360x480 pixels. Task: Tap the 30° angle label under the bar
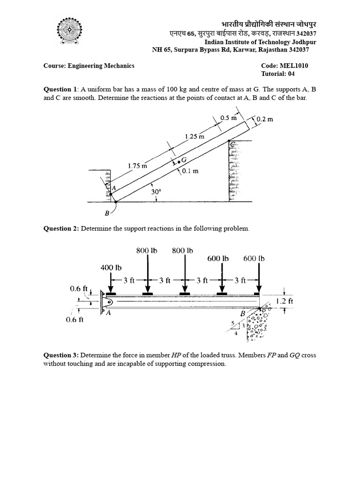coord(157,192)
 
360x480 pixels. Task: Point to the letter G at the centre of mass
coord(184,160)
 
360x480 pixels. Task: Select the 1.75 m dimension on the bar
coord(137,165)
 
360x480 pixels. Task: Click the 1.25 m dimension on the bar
coord(195,136)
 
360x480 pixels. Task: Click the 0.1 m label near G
coord(190,171)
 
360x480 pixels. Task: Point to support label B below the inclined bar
coord(106,214)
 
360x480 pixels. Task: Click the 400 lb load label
coord(111,268)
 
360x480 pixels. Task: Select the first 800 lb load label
coord(147,250)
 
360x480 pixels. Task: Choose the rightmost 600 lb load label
coord(254,258)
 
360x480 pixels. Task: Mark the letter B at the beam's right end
coord(242,313)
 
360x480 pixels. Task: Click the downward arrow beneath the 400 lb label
coord(111,282)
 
